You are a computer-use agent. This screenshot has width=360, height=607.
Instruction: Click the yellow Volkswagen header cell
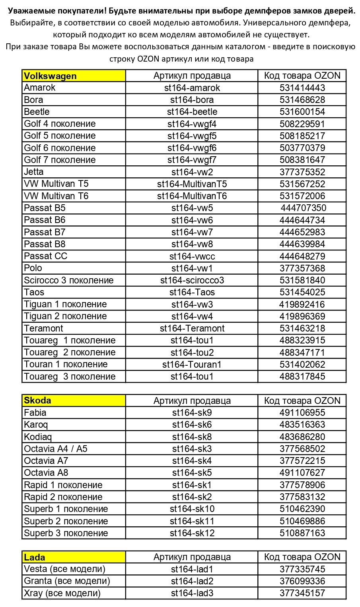[74, 76]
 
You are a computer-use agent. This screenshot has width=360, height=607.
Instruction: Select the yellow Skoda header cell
[74, 401]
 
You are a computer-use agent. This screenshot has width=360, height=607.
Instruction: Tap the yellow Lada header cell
[74, 557]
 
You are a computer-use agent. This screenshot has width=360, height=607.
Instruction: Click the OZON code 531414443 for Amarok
[302, 88]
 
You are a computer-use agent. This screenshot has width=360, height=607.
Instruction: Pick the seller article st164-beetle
[192, 112]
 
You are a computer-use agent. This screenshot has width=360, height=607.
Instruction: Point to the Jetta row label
[34, 172]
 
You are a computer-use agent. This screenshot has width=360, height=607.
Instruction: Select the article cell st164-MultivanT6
[192, 196]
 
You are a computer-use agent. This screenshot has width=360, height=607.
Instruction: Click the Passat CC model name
[46, 256]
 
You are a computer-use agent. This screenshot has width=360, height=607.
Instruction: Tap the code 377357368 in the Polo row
[302, 268]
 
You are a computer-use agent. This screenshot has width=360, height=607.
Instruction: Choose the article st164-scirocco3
[192, 280]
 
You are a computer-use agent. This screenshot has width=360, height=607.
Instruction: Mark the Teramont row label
[44, 328]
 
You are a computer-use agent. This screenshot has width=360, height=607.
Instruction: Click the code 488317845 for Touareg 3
[302, 376]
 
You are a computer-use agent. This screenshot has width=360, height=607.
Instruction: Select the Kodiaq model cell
[38, 437]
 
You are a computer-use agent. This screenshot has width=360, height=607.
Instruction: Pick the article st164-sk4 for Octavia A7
[192, 461]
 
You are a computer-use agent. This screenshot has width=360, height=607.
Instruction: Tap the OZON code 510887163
[302, 533]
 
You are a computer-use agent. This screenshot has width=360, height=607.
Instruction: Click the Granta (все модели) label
[67, 581]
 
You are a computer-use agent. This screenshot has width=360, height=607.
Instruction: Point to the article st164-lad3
[192, 593]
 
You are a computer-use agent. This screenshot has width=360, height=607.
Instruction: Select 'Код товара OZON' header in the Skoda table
[302, 401]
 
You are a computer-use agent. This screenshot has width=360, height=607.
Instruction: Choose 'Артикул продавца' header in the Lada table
[192, 557]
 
